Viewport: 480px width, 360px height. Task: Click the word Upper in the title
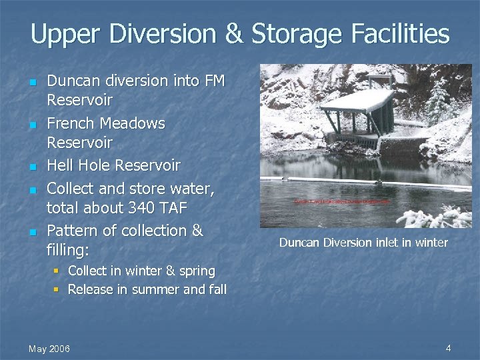coord(62,35)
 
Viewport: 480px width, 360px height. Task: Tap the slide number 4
coord(448,347)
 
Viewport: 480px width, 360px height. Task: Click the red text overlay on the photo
coord(342,201)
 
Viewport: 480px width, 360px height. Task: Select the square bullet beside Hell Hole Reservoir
coord(31,166)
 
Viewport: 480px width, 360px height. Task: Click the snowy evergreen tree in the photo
coord(439,100)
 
